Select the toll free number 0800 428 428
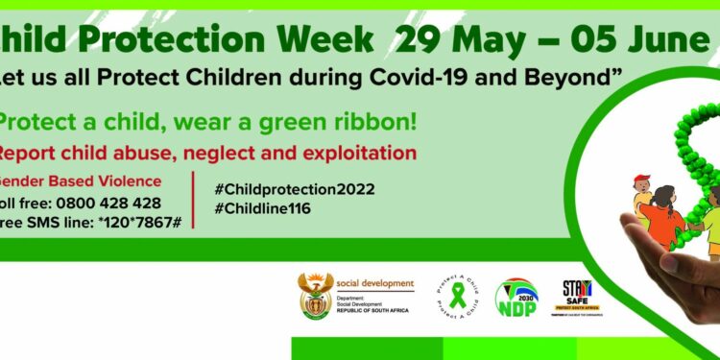pyautogui.click(x=108, y=204)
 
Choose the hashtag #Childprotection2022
pyautogui.click(x=296, y=188)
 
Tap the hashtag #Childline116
pyautogui.click(x=263, y=207)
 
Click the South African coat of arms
pyautogui.click(x=315, y=296)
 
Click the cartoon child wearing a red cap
pyautogui.click(x=641, y=192)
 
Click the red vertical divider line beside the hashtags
pyautogui.click(x=194, y=200)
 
